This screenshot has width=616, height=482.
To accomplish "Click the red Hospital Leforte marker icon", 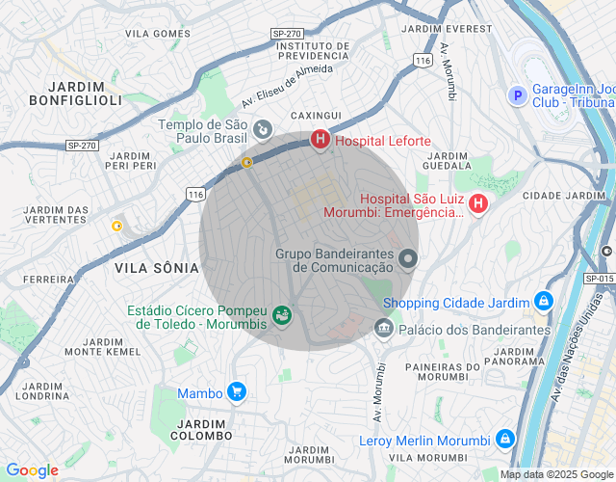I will [x=320, y=141].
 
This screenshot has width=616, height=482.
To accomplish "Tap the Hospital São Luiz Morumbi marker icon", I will [x=477, y=204].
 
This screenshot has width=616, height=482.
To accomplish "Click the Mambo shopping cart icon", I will [x=237, y=391].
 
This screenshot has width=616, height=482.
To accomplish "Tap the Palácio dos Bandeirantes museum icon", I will [x=384, y=329].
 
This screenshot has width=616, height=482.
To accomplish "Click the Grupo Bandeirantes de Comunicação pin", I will [x=408, y=258].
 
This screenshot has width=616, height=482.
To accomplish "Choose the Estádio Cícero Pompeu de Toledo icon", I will [x=281, y=315].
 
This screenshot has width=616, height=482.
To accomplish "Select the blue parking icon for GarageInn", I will [x=517, y=95].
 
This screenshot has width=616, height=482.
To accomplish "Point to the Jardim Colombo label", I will [x=200, y=429].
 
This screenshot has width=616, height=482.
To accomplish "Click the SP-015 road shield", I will [x=598, y=279].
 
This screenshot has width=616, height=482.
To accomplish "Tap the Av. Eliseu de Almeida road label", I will [x=287, y=85].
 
